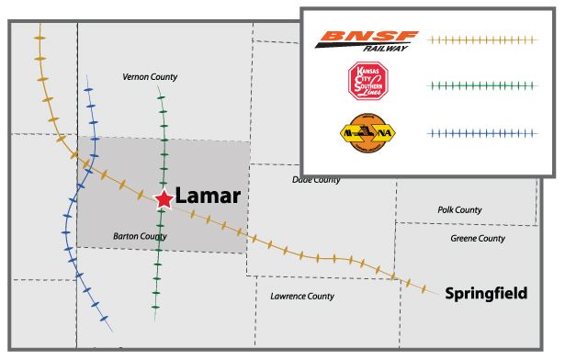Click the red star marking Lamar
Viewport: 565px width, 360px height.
163,198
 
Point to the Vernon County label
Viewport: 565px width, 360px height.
150,77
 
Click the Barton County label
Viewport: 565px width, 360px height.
140,236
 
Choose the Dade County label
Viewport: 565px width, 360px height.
315,180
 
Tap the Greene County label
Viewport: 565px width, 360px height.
478,239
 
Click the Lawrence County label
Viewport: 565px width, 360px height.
301,297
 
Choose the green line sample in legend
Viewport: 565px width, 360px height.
480,85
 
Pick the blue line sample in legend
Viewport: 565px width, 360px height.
480,133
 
